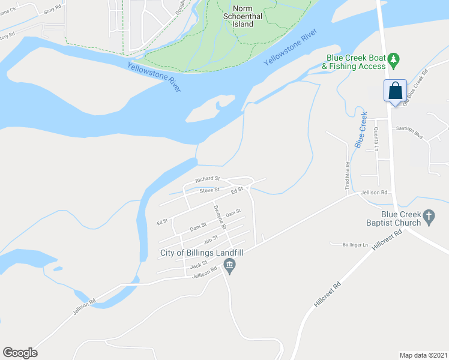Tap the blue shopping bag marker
pos(396,92)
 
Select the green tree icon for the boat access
pos(393,59)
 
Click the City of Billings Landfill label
pos(201,253)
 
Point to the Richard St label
pos(208,179)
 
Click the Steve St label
pos(209,190)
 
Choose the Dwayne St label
pos(219,217)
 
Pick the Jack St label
pos(198,265)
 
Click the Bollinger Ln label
pos(354,245)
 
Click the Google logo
pos(20,353)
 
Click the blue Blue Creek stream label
pos(361,130)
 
